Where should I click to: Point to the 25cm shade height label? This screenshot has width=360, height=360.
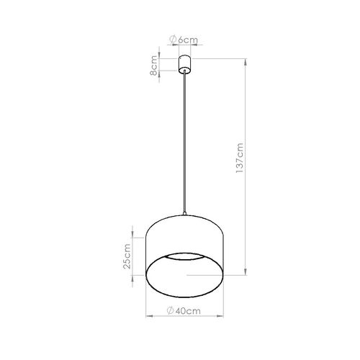[x=127, y=256]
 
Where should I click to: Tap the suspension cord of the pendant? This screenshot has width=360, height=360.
[x=186, y=144]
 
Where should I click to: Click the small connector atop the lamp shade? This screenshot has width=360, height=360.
[x=186, y=215]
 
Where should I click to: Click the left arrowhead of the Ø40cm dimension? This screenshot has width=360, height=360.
[x=149, y=315]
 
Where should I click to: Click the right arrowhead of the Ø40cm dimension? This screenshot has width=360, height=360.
[x=223, y=315]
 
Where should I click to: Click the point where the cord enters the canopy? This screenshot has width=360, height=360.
[x=186, y=73]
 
